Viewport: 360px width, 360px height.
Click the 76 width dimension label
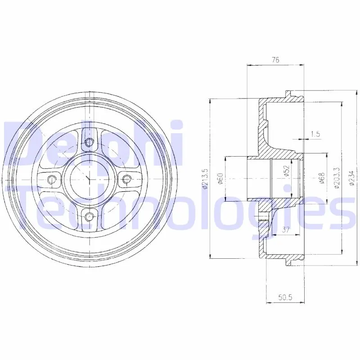[x=275, y=60]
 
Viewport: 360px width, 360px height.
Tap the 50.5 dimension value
[x=285, y=298]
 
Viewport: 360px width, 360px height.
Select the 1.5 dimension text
[x=315, y=134]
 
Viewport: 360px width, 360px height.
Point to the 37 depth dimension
[x=285, y=229]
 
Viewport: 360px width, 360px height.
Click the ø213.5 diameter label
[x=205, y=179]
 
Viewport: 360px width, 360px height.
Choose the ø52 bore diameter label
[x=287, y=171]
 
